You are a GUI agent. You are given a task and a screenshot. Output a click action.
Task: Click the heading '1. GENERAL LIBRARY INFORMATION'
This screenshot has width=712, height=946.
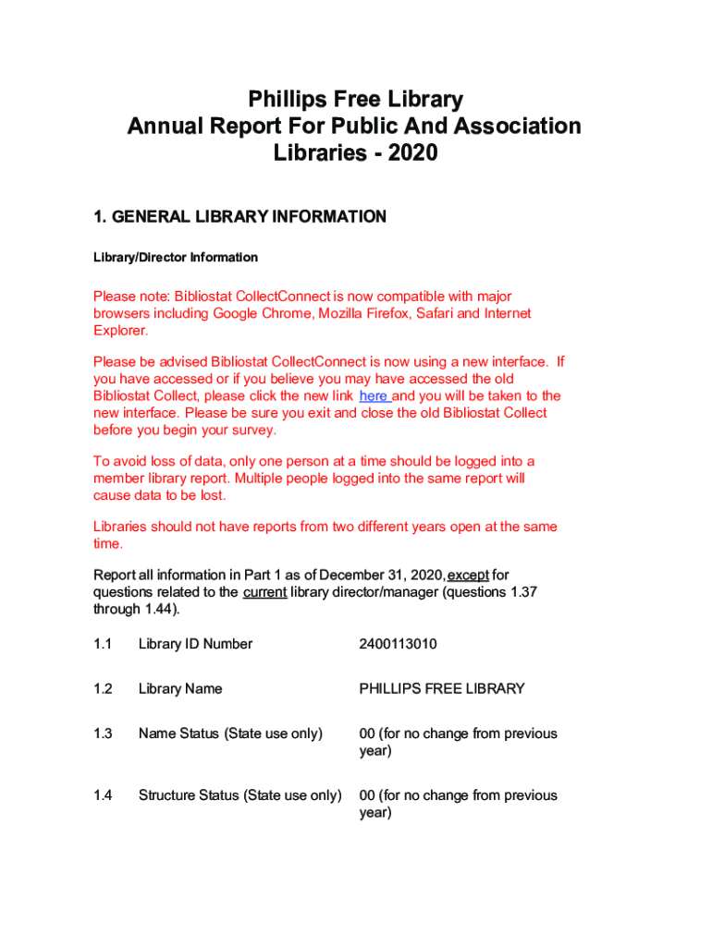[239, 217]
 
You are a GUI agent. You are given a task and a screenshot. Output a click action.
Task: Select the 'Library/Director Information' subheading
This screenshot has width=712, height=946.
[176, 258]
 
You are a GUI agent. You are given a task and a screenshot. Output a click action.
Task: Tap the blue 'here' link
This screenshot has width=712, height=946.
[374, 396]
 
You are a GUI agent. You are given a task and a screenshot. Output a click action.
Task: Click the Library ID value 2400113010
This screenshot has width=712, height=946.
[398, 644]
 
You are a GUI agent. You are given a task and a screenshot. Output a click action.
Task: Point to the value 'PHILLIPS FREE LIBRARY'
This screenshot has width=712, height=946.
[442, 689]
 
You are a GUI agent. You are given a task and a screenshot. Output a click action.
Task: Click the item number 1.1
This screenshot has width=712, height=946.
[103, 644]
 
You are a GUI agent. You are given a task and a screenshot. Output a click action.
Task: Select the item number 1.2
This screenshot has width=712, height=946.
[103, 689]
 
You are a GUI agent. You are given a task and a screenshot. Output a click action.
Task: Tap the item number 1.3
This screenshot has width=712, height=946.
[103, 734]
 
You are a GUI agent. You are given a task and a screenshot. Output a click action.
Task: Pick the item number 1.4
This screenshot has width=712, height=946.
[103, 795]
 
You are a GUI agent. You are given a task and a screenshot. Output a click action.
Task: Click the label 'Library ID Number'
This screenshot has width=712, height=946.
[195, 644]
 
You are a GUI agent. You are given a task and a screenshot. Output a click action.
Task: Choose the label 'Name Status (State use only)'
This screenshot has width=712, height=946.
[230, 734]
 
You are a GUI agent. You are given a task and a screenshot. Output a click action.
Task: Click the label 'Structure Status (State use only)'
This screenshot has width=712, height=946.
[239, 795]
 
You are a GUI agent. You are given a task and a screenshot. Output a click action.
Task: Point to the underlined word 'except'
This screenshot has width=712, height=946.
[468, 576]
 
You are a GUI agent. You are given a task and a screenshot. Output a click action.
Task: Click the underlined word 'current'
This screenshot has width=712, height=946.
[264, 593]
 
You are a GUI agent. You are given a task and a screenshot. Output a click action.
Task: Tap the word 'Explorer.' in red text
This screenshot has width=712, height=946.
[121, 331]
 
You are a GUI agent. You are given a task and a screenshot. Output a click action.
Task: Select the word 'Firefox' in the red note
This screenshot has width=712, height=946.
[380, 314]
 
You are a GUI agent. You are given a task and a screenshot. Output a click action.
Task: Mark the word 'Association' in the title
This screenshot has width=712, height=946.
[518, 126]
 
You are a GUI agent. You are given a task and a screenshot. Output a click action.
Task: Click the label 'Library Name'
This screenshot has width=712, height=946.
[180, 689]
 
